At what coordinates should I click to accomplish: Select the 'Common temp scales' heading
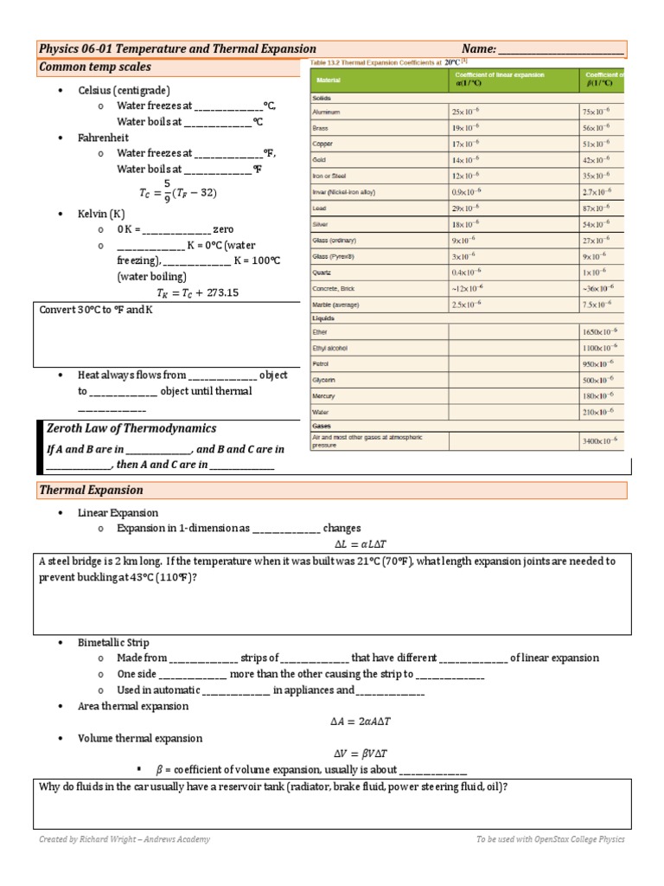point(95,67)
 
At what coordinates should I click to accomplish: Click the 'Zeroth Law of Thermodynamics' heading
point(131,428)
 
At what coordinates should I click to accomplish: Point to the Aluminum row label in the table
point(326,112)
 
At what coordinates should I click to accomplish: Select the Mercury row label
point(324,395)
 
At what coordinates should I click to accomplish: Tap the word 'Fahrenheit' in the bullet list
point(106,138)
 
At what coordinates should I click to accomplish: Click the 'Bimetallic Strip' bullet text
point(113,643)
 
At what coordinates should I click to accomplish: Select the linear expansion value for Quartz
point(467,273)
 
